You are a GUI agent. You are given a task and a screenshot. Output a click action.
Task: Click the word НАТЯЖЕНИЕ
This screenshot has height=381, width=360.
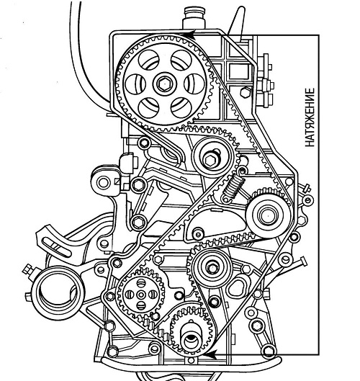point(310,117)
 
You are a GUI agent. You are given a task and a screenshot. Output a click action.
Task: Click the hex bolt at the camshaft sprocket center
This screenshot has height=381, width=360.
point(165,84)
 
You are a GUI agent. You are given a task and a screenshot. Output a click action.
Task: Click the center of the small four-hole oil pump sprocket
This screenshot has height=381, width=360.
point(140,295)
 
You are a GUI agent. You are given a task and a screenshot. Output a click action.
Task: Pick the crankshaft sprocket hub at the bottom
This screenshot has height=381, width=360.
point(192,340)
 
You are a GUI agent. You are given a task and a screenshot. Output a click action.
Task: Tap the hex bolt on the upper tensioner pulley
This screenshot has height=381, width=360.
point(210,160)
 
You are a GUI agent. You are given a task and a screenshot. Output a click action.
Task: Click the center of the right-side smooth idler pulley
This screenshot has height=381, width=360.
point(268,215)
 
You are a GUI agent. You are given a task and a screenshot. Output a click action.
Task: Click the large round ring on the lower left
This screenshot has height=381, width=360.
point(58,293)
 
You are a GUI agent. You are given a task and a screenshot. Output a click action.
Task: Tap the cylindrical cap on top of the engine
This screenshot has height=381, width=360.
point(194,18)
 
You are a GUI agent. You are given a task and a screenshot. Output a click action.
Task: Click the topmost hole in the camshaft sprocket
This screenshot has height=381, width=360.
point(181,60)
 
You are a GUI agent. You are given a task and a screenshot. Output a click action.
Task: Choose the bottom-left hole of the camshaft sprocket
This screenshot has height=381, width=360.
point(148,107)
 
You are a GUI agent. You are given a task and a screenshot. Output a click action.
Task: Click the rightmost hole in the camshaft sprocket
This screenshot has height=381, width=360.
point(194,84)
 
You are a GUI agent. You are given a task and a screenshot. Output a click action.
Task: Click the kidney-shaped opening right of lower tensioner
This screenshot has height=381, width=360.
point(237,286)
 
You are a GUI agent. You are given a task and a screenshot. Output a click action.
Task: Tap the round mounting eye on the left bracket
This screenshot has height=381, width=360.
point(103,183)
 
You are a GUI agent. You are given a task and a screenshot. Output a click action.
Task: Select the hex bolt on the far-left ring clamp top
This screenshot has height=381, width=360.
point(29,269)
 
